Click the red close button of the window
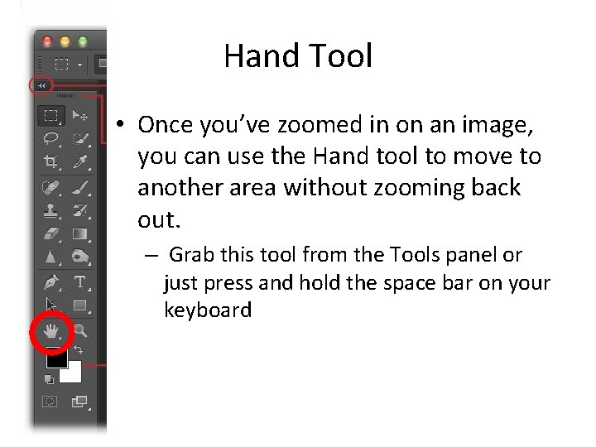pyautogui.click(x=46, y=40)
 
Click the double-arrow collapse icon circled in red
pyautogui.click(x=41, y=84)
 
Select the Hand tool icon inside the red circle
pyautogui.click(x=50, y=333)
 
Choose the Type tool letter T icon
pyautogui.click(x=80, y=281)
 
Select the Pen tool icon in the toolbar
pyautogui.click(x=50, y=281)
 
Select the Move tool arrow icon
pyautogui.click(x=80, y=115)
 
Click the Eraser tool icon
pyautogui.click(x=50, y=233)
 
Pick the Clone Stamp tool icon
pyautogui.click(x=50, y=209)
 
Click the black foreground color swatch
pyautogui.click(x=55, y=358)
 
